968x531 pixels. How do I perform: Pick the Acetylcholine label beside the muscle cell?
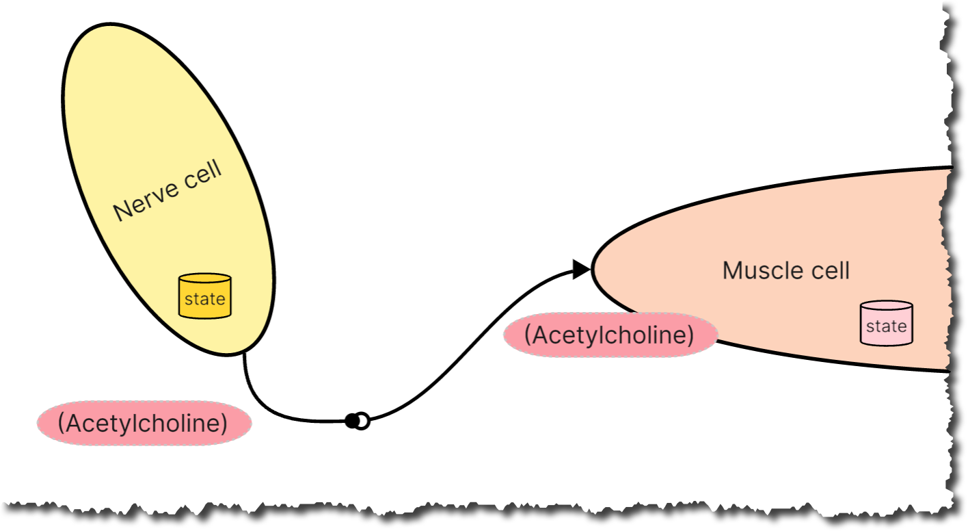coord(610,335)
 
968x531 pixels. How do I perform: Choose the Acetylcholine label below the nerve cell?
coord(144,423)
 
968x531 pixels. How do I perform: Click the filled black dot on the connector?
coord(351,421)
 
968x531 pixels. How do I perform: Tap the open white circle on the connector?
coord(363,421)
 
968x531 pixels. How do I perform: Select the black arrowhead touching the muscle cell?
coord(581,270)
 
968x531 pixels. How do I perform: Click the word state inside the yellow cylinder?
coord(204,299)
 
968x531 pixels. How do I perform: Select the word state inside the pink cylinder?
coord(886,326)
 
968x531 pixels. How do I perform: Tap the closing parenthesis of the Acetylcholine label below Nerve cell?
coord(224,423)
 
